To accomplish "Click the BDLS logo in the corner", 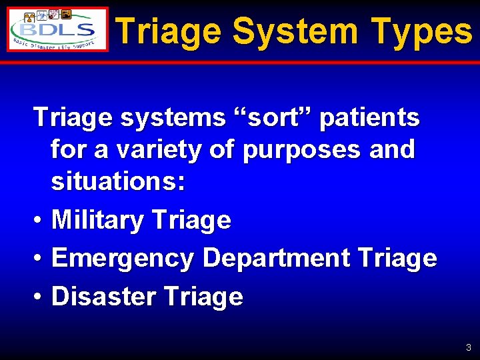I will [x=57, y=30].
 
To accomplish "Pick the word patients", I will [x=370, y=118].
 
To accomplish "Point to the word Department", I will [x=279, y=258].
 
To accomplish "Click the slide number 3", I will [x=469, y=347].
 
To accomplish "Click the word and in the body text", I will [x=392, y=149].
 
